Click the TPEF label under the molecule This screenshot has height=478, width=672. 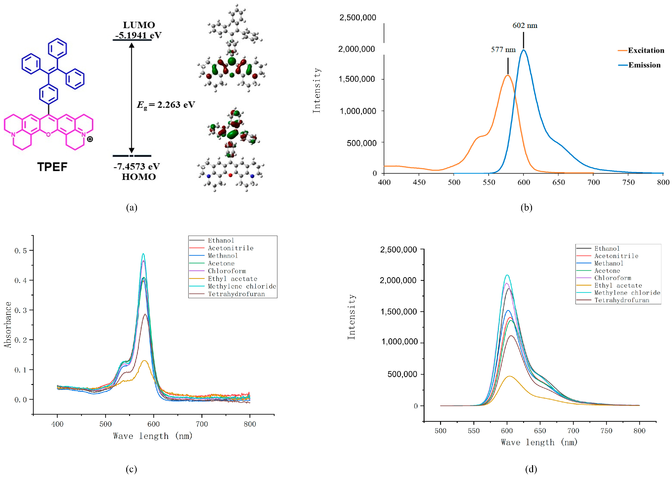click(x=52, y=167)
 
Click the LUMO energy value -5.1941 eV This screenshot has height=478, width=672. click(x=138, y=35)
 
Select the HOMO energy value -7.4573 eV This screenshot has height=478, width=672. click(x=137, y=166)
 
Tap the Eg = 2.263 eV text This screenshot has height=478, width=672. click(x=166, y=104)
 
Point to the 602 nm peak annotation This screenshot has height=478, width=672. click(x=525, y=26)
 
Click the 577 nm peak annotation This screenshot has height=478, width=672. click(x=503, y=50)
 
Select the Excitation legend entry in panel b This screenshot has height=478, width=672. click(x=646, y=50)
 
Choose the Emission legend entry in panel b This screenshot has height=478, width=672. click(x=644, y=65)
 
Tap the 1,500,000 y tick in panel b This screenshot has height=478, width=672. click(x=357, y=79)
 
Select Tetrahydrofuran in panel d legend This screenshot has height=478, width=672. click(x=622, y=300)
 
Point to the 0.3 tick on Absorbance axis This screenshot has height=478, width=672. click(x=20, y=310)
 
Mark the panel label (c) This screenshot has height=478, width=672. click(x=131, y=469)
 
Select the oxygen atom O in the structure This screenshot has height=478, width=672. click(x=49, y=135)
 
